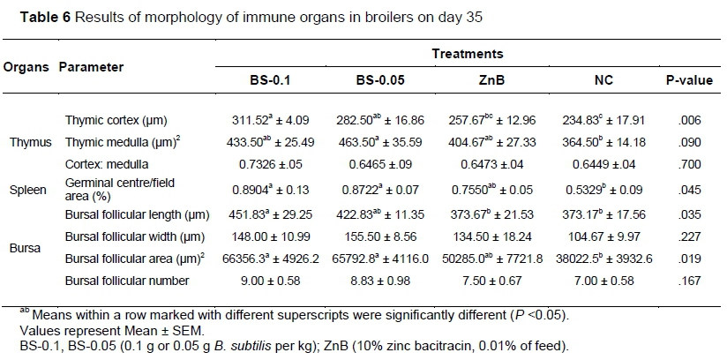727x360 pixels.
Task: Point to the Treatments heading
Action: pyautogui.click(x=468, y=54)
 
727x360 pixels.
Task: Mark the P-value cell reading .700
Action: pyautogui.click(x=690, y=165)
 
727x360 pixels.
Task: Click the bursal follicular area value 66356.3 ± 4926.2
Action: pyautogui.click(x=272, y=259)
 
